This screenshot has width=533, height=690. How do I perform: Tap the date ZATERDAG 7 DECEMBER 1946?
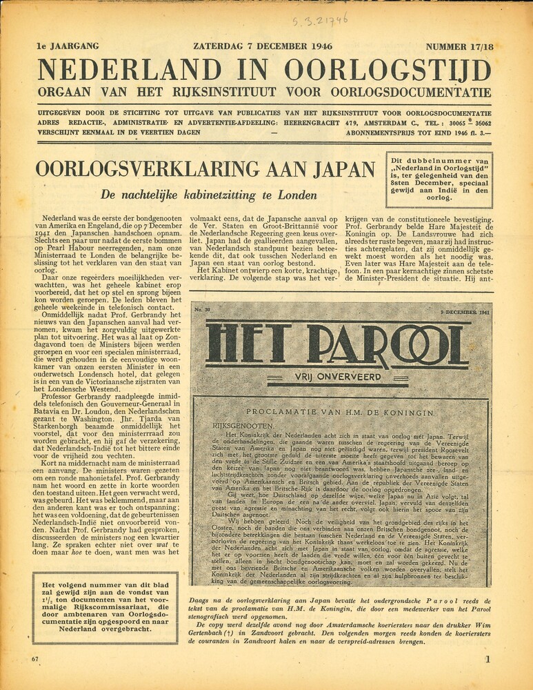(263, 47)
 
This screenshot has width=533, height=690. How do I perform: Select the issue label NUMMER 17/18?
(460, 47)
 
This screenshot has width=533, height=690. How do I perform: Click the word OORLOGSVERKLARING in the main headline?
(141, 169)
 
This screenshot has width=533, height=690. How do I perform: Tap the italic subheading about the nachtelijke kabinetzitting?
(208, 195)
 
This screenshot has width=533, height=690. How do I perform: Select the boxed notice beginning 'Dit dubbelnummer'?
(439, 180)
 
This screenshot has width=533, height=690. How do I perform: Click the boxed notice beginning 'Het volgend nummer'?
(104, 607)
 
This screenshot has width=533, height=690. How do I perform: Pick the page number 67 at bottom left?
(34, 660)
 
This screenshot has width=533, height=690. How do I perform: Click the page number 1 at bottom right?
(487, 660)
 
